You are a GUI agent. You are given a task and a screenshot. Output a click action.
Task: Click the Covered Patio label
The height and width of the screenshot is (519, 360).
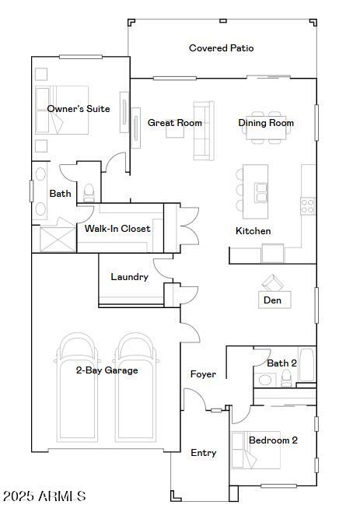click(x=221, y=48)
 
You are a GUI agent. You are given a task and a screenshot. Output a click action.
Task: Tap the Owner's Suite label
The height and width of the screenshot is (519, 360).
click(x=78, y=109)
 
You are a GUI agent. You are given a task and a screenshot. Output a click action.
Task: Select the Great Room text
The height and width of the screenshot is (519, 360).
click(x=175, y=123)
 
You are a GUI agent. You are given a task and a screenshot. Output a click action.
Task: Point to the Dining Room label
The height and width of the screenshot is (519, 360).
click(x=266, y=123)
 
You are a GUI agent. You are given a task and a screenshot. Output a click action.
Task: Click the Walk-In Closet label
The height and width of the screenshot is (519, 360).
click(x=117, y=229)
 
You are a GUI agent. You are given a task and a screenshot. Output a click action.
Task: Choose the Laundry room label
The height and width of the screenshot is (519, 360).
click(x=129, y=277)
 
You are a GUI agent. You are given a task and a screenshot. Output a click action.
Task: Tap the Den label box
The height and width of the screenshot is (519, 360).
click(x=272, y=300)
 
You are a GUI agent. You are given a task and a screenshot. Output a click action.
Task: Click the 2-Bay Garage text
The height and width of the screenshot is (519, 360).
click(x=107, y=370)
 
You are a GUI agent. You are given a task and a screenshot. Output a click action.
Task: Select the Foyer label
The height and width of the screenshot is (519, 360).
click(x=203, y=374)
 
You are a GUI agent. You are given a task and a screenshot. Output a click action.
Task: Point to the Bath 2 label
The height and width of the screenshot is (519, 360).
click(x=281, y=363)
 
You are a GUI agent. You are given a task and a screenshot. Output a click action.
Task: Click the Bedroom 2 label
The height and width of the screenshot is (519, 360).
click(x=273, y=440)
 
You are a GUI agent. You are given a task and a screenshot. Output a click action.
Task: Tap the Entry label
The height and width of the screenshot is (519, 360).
click(x=204, y=453)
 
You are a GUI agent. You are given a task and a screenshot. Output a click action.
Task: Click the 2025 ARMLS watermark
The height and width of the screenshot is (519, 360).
click(x=44, y=496)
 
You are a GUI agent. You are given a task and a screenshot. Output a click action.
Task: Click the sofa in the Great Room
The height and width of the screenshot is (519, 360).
click(x=203, y=131)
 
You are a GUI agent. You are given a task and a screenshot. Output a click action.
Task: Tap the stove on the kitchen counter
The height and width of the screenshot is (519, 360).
click(x=308, y=205)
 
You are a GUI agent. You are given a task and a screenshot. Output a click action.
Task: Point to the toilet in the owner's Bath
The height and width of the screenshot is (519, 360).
click(x=89, y=191)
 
